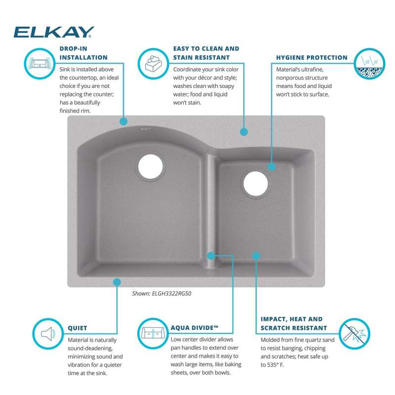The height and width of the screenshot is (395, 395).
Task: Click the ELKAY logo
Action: (54, 32)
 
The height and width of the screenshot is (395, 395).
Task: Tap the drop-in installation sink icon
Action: (39, 64)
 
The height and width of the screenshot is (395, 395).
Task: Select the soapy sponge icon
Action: (153, 64)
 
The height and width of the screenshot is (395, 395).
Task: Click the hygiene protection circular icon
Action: (369, 64)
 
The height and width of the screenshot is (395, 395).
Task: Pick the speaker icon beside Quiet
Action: (48, 334)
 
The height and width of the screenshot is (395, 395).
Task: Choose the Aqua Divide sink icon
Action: (153, 334)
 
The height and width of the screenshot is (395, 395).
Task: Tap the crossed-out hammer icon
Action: (354, 334)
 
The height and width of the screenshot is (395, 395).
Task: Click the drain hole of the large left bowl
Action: (151, 166)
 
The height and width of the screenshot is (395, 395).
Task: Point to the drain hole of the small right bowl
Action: (256, 184)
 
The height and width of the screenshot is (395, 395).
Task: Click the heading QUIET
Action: (78, 328)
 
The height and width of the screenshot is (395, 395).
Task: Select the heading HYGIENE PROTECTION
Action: (312, 57)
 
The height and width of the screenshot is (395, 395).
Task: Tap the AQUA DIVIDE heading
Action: (194, 328)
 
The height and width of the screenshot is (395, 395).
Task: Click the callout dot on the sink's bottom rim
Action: (117, 282)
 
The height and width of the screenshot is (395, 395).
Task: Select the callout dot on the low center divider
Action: (211, 256)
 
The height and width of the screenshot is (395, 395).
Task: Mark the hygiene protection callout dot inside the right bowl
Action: (272, 166)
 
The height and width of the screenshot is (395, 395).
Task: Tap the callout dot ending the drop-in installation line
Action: (123, 121)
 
